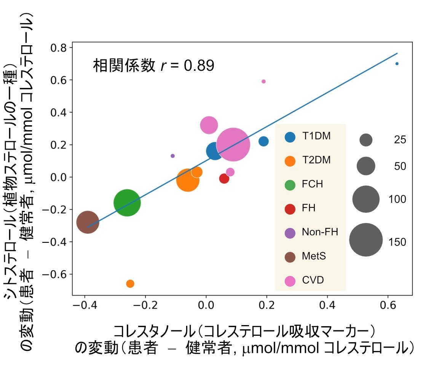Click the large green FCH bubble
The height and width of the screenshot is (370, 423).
127,203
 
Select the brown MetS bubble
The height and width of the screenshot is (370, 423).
88,222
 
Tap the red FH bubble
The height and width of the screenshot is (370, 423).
224,179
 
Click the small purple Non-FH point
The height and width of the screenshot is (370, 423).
172,156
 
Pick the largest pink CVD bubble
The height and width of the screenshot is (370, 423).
233,144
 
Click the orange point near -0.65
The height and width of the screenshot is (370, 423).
130,284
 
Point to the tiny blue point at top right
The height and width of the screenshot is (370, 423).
397,64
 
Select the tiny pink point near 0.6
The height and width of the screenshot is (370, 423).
263,81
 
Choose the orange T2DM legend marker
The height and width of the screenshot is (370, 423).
290,161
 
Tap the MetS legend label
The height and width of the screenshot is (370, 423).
314,256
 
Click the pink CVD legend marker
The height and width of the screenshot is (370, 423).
290,281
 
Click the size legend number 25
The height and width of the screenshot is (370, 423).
400,140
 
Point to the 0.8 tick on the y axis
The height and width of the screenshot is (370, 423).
58,48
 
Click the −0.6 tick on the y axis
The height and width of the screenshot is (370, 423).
55,274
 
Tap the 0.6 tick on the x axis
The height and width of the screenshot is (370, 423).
388,305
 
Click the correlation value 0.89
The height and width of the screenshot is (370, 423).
199,65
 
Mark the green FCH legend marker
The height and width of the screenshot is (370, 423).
290,185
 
